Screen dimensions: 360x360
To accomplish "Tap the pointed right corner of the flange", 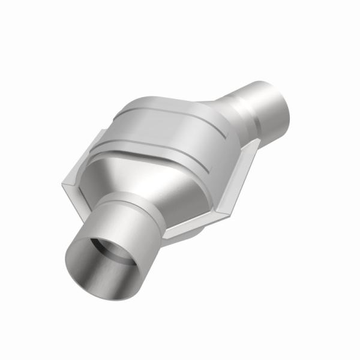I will [x=258, y=142].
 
